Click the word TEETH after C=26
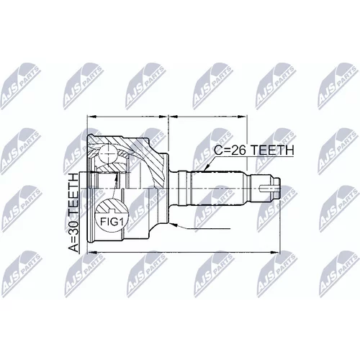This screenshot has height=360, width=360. click(x=272, y=150)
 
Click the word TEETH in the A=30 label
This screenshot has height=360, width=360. click(x=73, y=194)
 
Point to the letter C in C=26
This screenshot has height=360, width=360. click(x=218, y=150)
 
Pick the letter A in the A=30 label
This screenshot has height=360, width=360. click(x=73, y=248)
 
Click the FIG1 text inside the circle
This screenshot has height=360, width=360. click(x=112, y=222)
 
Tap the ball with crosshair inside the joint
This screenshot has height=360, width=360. click(x=108, y=153)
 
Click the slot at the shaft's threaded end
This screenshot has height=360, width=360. click(x=269, y=187)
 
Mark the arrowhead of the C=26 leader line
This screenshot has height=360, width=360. click(x=207, y=168)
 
